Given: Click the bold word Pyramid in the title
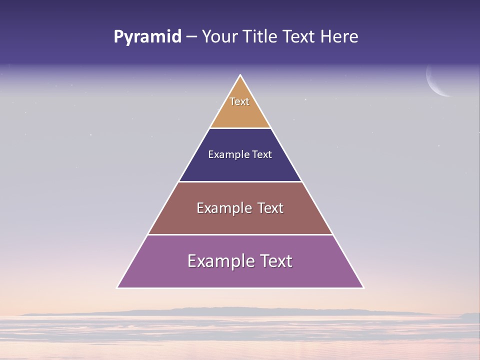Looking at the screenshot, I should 147,37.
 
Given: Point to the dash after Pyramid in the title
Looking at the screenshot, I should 191,37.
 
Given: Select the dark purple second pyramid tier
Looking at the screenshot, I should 240,167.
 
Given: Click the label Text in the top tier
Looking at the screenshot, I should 239,101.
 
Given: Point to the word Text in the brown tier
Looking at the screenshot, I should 270,208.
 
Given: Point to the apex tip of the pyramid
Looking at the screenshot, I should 240,76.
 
